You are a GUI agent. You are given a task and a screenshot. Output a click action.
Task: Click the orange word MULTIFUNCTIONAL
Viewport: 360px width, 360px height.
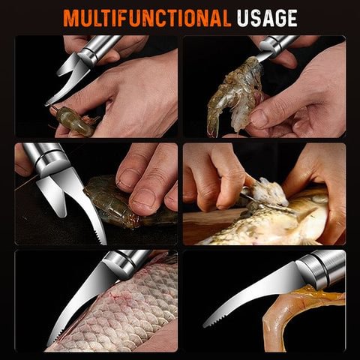point(147,18)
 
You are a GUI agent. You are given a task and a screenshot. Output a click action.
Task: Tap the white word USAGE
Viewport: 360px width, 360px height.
point(267,18)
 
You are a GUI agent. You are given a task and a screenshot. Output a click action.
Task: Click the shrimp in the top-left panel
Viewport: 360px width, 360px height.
point(73,120)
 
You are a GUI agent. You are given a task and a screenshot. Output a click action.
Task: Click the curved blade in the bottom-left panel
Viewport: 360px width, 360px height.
point(80,300)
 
